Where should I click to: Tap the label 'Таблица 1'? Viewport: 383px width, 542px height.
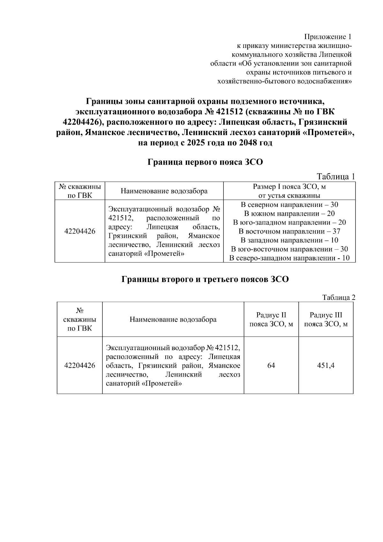click(x=335, y=177)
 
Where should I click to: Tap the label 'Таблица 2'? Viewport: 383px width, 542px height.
click(x=339, y=298)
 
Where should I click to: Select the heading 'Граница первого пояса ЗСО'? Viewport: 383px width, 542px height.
click(x=205, y=162)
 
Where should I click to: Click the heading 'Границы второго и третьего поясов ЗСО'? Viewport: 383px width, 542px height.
click(x=205, y=279)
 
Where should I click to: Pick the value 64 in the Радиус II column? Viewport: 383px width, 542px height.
click(x=271, y=365)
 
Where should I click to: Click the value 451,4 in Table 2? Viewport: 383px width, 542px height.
click(x=326, y=365)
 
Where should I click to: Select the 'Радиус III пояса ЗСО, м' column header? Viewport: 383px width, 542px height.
click(x=326, y=319)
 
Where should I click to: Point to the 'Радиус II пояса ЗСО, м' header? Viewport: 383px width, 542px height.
click(x=271, y=319)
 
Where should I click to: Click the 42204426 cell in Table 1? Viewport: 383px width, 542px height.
click(x=80, y=231)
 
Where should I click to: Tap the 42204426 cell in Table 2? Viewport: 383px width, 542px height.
click(x=80, y=365)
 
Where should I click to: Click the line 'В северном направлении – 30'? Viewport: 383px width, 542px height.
click(x=289, y=205)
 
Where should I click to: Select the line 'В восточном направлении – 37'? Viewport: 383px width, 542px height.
click(x=289, y=231)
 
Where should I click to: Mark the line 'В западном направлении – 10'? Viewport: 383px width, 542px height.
click(x=289, y=240)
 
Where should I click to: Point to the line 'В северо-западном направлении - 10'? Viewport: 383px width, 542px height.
click(x=289, y=258)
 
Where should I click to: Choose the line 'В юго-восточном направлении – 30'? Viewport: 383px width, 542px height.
click(x=289, y=249)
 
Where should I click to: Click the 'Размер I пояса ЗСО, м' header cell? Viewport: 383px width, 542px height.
click(x=289, y=191)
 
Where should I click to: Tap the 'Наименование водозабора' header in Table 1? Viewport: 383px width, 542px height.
click(x=164, y=191)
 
